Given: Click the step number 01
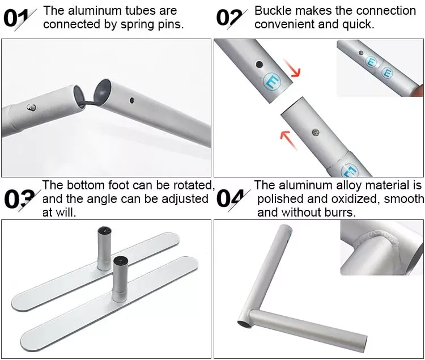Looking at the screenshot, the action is (x=16, y=19).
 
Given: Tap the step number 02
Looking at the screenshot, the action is (x=229, y=18).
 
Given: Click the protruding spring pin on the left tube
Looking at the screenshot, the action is (x=31, y=108).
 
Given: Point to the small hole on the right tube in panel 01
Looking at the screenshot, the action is (x=131, y=100).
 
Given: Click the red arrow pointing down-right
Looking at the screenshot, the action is (x=293, y=68).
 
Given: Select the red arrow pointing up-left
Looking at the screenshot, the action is (x=288, y=139).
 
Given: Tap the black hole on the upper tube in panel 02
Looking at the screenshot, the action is (x=260, y=65).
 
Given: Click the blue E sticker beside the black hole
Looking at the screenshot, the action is (x=272, y=81).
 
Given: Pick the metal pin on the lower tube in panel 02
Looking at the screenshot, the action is (x=316, y=132).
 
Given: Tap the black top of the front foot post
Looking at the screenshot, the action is (x=121, y=261).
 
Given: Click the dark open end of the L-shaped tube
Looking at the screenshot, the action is (x=244, y=324).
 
